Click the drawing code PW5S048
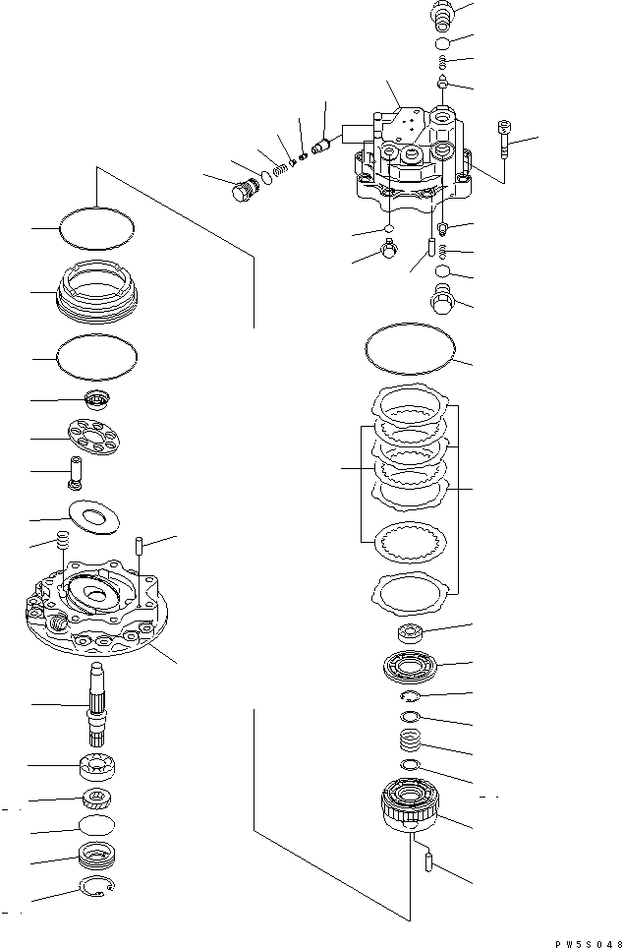click(582, 941)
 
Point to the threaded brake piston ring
click(96, 292)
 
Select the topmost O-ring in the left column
click(96, 230)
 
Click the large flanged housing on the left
click(93, 615)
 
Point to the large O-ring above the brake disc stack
click(411, 350)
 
